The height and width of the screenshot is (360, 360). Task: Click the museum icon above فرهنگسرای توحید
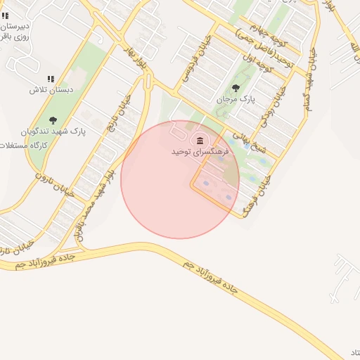(x=201, y=141)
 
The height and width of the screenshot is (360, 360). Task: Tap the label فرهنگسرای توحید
(x=201, y=151)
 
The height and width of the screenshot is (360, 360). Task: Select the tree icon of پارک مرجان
(x=235, y=88)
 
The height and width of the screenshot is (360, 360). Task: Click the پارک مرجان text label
(x=234, y=99)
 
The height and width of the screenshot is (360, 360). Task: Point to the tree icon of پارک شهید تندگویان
(x=53, y=120)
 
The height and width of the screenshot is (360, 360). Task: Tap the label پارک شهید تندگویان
(x=53, y=131)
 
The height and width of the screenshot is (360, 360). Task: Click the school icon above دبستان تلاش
(x=50, y=79)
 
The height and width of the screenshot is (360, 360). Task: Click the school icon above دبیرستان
(x=5, y=14)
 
